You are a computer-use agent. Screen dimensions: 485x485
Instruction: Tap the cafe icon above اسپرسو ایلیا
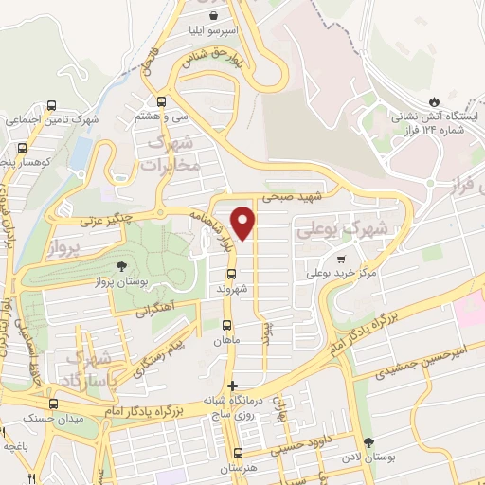click(x=215, y=15)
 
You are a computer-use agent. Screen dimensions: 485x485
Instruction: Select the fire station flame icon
click(x=434, y=100)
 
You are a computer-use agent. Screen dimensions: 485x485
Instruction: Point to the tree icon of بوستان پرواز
click(x=120, y=266)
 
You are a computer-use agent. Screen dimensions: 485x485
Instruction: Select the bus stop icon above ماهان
click(x=225, y=324)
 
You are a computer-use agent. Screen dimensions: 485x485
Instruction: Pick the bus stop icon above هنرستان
click(x=238, y=453)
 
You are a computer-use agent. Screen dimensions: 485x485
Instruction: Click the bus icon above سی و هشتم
click(x=161, y=101)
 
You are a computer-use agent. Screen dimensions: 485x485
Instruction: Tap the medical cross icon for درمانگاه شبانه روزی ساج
click(x=234, y=385)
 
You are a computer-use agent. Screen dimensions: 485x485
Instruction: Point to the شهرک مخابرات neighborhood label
click(x=172, y=153)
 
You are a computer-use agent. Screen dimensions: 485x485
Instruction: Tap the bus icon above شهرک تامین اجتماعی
click(x=51, y=106)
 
